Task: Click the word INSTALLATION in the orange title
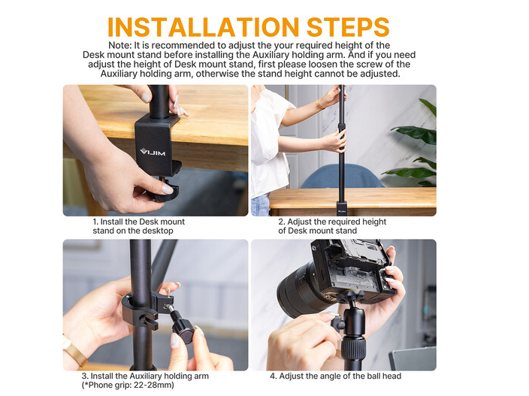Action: click(204, 26)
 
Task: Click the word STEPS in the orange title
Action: click(348, 26)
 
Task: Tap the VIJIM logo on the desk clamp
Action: click(153, 153)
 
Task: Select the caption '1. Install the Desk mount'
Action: click(139, 222)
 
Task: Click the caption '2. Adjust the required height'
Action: click(332, 222)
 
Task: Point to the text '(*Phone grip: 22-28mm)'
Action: click(128, 385)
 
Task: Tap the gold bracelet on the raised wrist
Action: click(319, 104)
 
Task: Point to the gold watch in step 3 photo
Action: click(74, 351)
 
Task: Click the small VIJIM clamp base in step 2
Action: click(341, 209)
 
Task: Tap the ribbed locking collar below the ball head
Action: click(353, 349)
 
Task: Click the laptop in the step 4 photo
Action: click(413, 359)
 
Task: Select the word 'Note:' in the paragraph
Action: click(119, 45)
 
